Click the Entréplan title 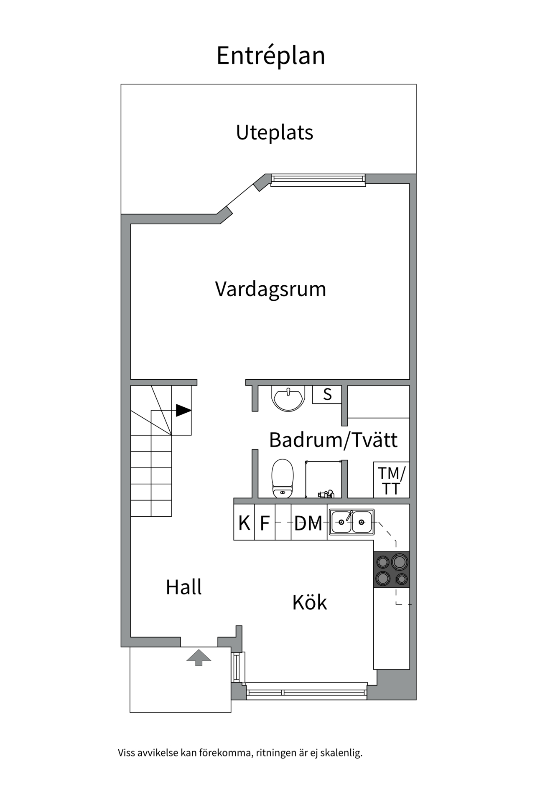(270, 56)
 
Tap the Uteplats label (274, 132)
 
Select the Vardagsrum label (270, 289)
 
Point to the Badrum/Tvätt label (333, 440)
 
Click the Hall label (183, 587)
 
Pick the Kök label (309, 602)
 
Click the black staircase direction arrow (183, 410)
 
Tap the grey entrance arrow (199, 657)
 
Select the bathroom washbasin (288, 398)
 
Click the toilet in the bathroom (283, 478)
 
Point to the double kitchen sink (351, 522)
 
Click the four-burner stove (391, 570)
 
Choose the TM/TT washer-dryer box (391, 480)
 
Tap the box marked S (327, 394)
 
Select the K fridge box (244, 523)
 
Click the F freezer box (265, 523)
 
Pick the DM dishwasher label (308, 523)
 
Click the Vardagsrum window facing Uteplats (318, 180)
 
